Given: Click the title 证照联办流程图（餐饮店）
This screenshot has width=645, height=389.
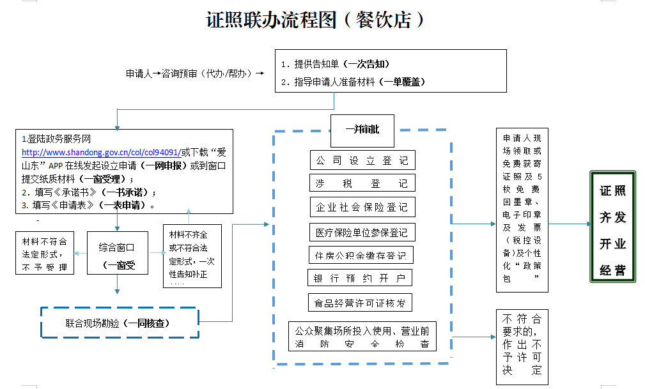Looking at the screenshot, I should tap(315, 20).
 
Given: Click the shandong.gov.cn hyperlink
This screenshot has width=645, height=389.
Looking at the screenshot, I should tap(101, 153).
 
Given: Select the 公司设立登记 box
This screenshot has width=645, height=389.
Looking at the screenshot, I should tap(362, 160).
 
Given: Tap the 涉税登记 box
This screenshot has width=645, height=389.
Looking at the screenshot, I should tap(362, 183).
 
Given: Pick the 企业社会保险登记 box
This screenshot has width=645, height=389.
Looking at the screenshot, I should tap(362, 207).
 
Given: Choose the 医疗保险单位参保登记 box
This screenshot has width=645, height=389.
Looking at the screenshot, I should tap(362, 232).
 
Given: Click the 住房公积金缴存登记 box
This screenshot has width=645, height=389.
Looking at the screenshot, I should tap(362, 256).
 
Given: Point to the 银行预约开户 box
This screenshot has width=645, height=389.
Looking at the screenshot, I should tap(360, 278).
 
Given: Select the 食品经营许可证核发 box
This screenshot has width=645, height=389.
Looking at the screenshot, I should tap(360, 302).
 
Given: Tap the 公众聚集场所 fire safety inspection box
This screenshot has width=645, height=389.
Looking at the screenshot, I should tap(362, 337).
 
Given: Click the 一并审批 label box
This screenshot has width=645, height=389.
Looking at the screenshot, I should tap(362, 130).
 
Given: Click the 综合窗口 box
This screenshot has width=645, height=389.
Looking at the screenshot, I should tap(117, 253).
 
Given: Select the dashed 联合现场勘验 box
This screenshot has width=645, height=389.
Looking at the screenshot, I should tap(120, 323).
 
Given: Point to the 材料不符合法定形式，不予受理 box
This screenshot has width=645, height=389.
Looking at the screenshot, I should tap(44, 254).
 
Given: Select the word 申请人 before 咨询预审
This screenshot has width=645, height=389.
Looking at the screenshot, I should tap(138, 73).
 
